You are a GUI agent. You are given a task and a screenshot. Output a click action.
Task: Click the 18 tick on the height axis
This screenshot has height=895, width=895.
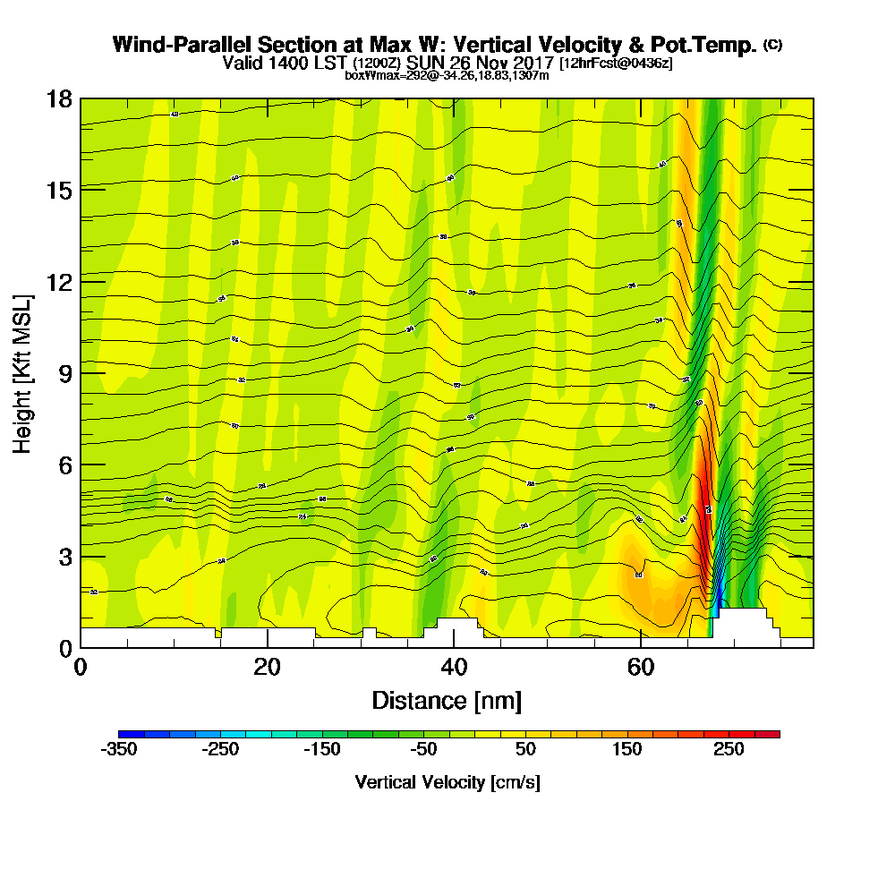pyautogui.click(x=59, y=98)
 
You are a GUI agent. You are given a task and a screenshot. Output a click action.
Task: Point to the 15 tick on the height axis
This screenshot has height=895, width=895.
pyautogui.click(x=59, y=190)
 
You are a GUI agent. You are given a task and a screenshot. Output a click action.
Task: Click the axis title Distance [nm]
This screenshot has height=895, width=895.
pyautogui.click(x=447, y=700)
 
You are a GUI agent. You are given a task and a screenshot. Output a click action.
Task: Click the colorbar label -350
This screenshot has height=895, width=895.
pyautogui.click(x=120, y=749)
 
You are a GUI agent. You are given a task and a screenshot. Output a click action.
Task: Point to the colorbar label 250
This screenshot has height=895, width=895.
pyautogui.click(x=729, y=749)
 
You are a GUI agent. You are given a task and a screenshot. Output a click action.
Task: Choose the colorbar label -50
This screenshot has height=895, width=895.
pyautogui.click(x=423, y=749)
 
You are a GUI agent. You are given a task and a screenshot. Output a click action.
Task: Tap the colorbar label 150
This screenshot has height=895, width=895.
pyautogui.click(x=627, y=749)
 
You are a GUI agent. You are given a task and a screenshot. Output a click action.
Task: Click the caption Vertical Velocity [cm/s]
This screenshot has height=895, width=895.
pyautogui.click(x=447, y=782)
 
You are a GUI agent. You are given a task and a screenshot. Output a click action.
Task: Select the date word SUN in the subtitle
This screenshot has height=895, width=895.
pyautogui.click(x=425, y=63)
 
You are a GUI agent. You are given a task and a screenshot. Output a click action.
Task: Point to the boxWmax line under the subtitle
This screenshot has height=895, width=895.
pyautogui.click(x=447, y=75)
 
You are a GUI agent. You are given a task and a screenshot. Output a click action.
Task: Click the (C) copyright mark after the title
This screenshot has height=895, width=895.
pyautogui.click(x=772, y=44)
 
